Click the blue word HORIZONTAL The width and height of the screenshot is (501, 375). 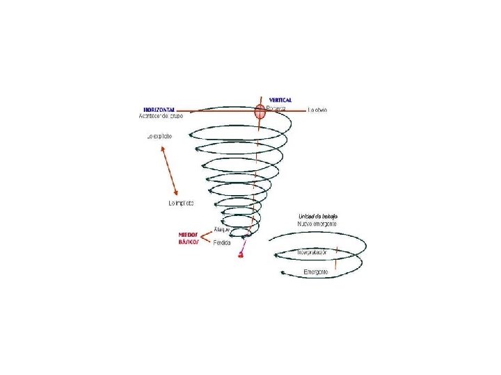tap(159, 110)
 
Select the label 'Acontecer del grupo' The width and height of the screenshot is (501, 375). tap(160, 117)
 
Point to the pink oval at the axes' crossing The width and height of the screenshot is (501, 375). tap(260, 110)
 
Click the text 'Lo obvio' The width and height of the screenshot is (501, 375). tap(317, 110)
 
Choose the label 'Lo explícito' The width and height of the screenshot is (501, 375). tap(159, 136)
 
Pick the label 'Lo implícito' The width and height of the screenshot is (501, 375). tap(182, 203)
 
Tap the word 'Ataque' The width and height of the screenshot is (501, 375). tap(222, 228)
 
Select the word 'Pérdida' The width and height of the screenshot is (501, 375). tap(222, 242)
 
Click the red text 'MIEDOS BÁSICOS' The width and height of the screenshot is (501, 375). tap(189, 239)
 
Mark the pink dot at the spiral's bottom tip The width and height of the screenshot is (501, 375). tap(241, 256)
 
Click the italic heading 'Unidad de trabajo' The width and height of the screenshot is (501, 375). tap(318, 217)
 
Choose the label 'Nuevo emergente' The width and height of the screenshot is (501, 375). tap(318, 224)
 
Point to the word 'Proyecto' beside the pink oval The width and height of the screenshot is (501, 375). tap(276, 110)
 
